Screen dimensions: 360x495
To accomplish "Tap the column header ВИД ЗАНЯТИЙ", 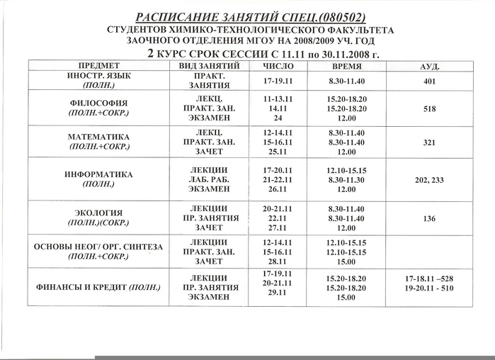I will pyautogui.click(x=209, y=65).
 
